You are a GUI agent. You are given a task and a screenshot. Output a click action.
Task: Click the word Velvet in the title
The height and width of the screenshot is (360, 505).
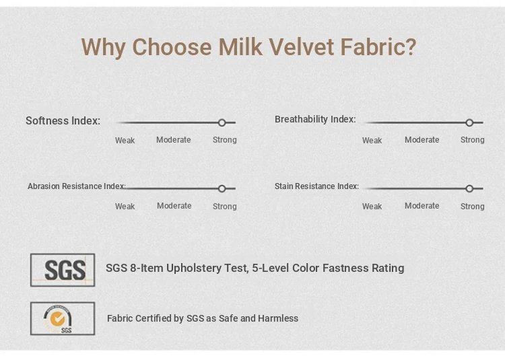[301, 47]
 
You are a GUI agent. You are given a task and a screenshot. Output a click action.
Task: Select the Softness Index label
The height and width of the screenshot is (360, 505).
[63, 120]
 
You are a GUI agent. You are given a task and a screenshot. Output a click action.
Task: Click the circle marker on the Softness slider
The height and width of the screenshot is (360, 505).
[222, 122]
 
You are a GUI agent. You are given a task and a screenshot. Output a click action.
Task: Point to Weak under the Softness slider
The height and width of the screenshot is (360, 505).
[125, 140]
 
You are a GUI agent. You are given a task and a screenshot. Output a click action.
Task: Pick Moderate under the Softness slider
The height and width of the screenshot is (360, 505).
[174, 140]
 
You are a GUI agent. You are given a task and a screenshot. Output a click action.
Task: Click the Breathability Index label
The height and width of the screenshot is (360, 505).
[315, 119]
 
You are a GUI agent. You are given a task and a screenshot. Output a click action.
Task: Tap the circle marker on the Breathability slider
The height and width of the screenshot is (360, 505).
[469, 122]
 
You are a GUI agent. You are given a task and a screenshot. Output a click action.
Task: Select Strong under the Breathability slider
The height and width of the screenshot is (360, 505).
[473, 140]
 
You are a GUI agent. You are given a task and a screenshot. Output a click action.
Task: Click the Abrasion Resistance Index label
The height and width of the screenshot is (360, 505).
[77, 186]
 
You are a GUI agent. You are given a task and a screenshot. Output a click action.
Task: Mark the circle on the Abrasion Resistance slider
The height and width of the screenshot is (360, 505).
[222, 188]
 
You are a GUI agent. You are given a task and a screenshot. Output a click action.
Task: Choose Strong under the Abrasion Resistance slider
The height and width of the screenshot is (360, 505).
[225, 207]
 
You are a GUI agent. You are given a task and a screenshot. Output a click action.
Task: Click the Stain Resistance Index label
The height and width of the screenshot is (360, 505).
[316, 186]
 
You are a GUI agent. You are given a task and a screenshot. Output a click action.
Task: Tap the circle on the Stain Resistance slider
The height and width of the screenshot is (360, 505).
[469, 188]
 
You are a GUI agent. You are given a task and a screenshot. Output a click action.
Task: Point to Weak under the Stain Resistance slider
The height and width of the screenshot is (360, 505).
[372, 207]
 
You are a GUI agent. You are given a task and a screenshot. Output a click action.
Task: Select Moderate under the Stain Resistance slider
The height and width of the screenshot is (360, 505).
[422, 206]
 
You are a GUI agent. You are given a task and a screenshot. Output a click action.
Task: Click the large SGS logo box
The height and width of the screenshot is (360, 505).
[63, 270]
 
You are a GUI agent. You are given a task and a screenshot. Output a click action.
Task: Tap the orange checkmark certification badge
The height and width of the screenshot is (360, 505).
[58, 319]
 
